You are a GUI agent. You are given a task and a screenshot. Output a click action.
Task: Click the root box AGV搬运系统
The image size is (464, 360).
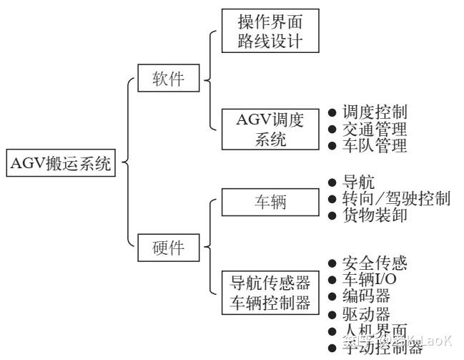click(x=60, y=163)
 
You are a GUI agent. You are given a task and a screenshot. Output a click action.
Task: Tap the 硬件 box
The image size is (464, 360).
click(x=168, y=248)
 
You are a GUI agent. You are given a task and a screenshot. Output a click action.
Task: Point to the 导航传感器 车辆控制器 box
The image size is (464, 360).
click(x=270, y=292)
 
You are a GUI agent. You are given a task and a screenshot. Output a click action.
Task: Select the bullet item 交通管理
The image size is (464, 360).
click(x=373, y=130)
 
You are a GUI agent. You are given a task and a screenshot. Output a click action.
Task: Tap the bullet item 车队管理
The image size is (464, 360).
click(x=373, y=147)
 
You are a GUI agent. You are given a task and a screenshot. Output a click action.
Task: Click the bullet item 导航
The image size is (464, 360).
click(x=357, y=183)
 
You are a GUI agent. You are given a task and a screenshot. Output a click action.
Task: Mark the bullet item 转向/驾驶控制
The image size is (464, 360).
click(x=395, y=199)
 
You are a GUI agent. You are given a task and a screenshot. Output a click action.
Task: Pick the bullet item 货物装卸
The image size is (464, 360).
click(x=373, y=215)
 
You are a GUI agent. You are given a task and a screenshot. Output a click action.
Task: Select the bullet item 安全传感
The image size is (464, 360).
click(x=373, y=263)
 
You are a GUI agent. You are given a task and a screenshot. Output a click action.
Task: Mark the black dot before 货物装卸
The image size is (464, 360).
click(x=331, y=215)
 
